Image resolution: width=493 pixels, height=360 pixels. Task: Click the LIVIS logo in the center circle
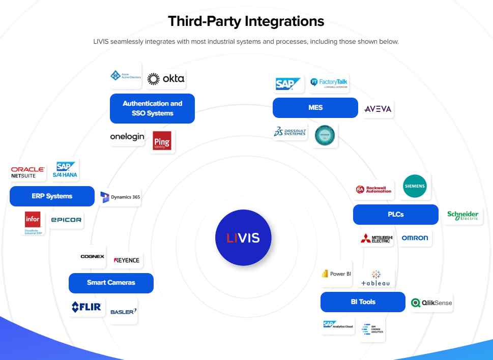tap(243, 237)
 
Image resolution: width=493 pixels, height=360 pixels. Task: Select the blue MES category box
tap(315, 108)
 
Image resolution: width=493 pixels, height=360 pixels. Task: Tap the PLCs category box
tap(395, 215)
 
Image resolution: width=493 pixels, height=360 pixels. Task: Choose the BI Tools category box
tap(363, 302)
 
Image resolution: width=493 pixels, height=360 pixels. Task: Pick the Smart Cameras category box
tap(111, 283)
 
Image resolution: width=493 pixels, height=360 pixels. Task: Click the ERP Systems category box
tap(52, 196)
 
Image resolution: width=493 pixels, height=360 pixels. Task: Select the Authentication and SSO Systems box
tap(152, 108)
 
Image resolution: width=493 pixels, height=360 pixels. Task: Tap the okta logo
tap(166, 79)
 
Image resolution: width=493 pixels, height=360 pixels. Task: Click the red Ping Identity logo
tap(162, 140)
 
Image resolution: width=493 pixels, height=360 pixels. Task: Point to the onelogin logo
tap(127, 137)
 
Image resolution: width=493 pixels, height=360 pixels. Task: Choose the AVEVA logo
tap(378, 109)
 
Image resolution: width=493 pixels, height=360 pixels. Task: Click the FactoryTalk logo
tap(329, 83)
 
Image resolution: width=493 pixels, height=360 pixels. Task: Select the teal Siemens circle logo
tap(415, 187)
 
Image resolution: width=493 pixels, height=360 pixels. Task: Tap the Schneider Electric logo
tap(462, 216)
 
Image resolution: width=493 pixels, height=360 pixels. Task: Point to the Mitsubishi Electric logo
tap(376, 238)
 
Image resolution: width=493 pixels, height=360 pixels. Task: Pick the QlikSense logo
tap(431, 303)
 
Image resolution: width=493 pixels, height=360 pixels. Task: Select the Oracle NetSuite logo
tap(28, 172)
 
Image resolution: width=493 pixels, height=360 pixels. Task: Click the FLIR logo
tap(86, 307)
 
